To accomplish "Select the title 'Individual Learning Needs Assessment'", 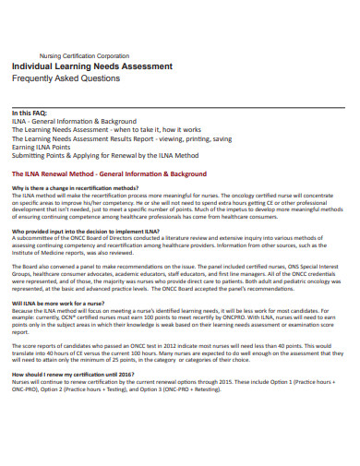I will click(x=91, y=67).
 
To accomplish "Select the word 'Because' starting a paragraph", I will click(x=23, y=310).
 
